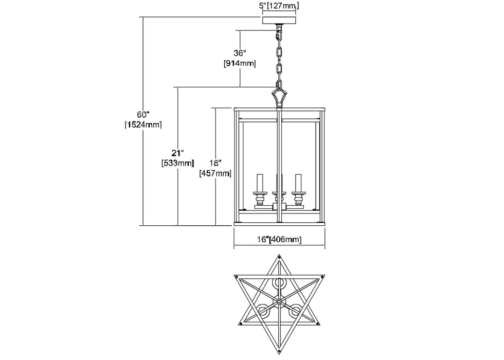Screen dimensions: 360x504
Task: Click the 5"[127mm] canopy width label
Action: click(280, 6)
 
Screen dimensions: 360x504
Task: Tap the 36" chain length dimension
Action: click(240, 53)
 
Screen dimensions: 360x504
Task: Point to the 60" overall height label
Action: click(143, 114)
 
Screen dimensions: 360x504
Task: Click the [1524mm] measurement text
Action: click(143, 124)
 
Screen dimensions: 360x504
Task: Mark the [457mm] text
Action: click(215, 173)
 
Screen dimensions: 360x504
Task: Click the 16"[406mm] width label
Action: click(280, 240)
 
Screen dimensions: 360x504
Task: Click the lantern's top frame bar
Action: click(280, 110)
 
